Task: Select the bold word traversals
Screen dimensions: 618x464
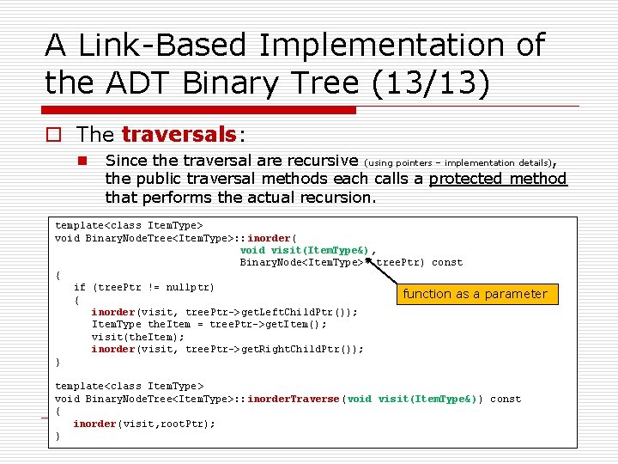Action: (x=179, y=134)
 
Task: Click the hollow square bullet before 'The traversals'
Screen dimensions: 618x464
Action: (x=54, y=135)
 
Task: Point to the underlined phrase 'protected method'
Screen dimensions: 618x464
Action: (x=498, y=179)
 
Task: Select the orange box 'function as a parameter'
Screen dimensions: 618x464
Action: (x=475, y=294)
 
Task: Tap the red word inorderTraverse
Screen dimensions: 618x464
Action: (x=294, y=399)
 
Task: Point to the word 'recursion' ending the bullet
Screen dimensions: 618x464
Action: (x=335, y=197)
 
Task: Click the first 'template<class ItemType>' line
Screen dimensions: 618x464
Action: (x=129, y=225)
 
